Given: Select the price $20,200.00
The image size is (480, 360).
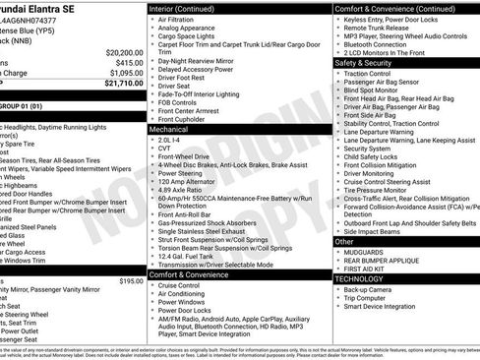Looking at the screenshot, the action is coord(119,51).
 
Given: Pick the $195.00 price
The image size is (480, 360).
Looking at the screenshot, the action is coord(130,280).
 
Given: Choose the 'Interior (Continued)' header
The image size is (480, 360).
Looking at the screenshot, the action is coord(182,7).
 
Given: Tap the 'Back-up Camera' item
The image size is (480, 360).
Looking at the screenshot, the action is coord(370,289).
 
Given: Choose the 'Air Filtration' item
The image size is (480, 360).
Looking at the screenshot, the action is coord(179,18).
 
